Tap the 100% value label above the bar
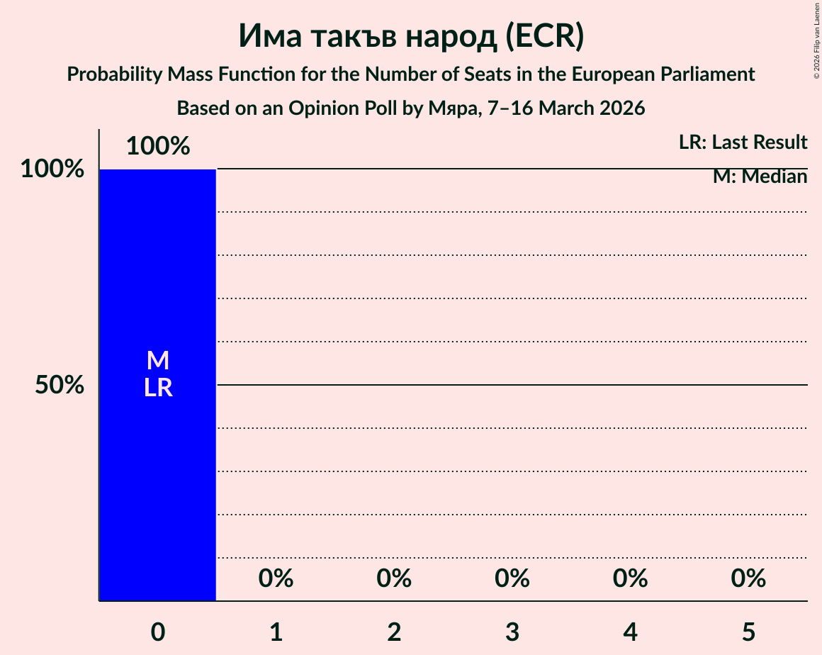[x=157, y=146]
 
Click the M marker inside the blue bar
[x=157, y=361]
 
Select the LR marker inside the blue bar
[x=157, y=388]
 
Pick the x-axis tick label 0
[x=157, y=632]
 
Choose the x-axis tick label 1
[x=276, y=632]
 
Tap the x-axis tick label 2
[x=394, y=632]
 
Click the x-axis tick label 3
[x=512, y=632]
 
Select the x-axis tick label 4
[x=631, y=632]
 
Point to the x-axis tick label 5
[x=748, y=632]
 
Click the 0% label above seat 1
[x=276, y=578]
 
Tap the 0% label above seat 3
[x=512, y=578]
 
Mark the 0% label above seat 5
[x=748, y=578]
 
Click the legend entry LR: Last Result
[x=743, y=142]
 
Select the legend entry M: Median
[x=760, y=177]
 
